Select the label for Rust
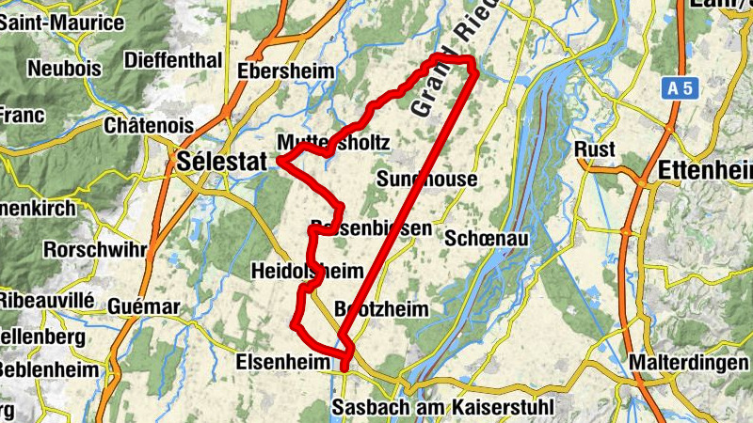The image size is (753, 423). [x=595, y=149]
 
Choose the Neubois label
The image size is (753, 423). [x=65, y=68]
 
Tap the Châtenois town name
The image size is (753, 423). [x=150, y=125]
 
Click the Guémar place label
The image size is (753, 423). [x=143, y=307]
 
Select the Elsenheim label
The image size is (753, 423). [x=282, y=360]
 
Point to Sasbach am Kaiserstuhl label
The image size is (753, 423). [x=443, y=407]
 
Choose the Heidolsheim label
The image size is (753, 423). [x=307, y=272]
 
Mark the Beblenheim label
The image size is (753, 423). [x=48, y=369]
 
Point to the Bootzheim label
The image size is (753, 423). [x=382, y=309]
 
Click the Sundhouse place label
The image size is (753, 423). [x=426, y=179]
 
